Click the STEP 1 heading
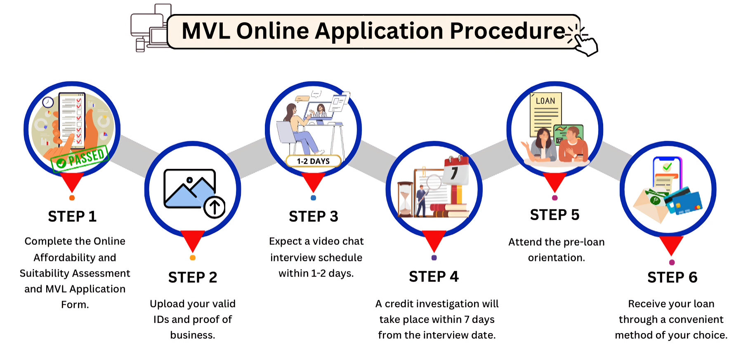72,216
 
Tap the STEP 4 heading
434,277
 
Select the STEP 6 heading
672,277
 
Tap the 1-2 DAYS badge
313,161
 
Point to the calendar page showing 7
455,171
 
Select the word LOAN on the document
545,101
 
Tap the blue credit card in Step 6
686,202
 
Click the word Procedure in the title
507,31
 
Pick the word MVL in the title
205,31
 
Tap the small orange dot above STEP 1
72,198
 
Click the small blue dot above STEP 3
313,198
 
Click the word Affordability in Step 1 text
75,258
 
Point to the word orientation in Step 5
556,258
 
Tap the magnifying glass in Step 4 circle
433,182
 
